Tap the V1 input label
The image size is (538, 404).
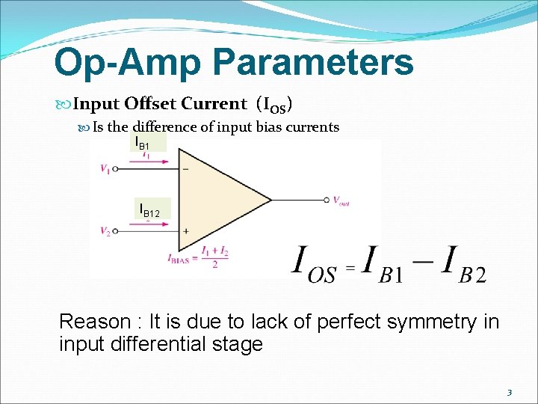coord(105,169)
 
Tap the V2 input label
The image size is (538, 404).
coord(105,231)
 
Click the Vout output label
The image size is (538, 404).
coord(341,201)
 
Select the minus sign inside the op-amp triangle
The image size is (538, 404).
coord(185,169)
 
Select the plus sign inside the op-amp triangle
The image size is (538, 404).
coord(185,231)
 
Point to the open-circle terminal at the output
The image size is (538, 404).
coord(327,200)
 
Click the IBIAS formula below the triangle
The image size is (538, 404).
coord(198,257)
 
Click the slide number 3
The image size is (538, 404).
coord(509,392)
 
